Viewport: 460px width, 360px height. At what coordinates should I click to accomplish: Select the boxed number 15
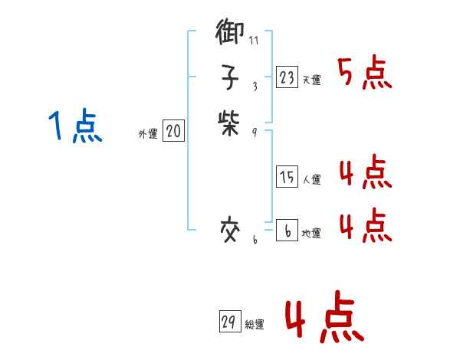pyautogui.click(x=287, y=177)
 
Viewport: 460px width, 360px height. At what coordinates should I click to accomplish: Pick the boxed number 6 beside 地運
pyautogui.click(x=287, y=230)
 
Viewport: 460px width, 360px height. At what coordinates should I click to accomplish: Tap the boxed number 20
pyautogui.click(x=173, y=132)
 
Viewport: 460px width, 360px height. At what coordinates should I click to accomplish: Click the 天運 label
pyautogui.click(x=311, y=80)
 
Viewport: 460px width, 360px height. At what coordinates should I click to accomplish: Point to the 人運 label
pyautogui.click(x=311, y=180)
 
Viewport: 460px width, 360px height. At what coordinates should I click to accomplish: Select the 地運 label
pyautogui.click(x=311, y=233)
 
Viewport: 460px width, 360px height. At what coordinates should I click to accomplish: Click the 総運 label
pyautogui.click(x=254, y=324)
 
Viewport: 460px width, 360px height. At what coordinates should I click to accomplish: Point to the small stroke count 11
pyautogui.click(x=254, y=39)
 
